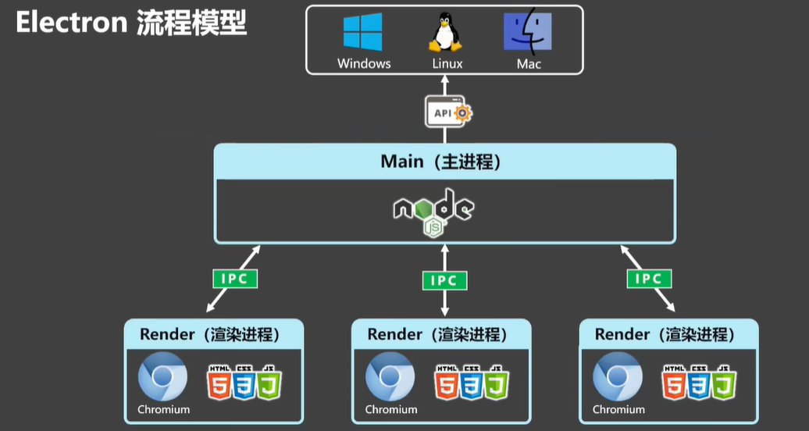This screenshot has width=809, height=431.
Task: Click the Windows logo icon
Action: tap(363, 33)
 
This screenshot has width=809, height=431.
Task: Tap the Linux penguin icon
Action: tap(445, 33)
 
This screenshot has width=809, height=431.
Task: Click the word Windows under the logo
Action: tap(364, 63)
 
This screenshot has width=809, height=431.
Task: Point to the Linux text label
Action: tap(447, 63)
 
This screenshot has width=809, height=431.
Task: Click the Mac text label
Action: tap(529, 63)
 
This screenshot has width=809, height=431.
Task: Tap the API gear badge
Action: tap(448, 112)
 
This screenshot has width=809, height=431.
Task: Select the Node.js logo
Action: tap(434, 210)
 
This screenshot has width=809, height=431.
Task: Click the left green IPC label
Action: tap(234, 277)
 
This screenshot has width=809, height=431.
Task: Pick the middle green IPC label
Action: tap(444, 280)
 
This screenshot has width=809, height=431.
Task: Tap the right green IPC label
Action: tap(648, 278)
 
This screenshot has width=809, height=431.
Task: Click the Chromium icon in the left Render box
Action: tap(162, 378)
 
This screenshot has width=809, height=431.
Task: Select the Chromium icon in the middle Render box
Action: tap(390, 378)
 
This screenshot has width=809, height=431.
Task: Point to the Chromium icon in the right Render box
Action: tap(617, 378)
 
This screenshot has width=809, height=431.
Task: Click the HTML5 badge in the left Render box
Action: tap(219, 383)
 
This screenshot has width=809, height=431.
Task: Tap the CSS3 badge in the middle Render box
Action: tap(472, 383)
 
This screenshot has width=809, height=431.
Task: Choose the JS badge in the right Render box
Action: tap(724, 383)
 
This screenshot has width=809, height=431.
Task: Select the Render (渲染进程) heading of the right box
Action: tap(665, 335)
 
